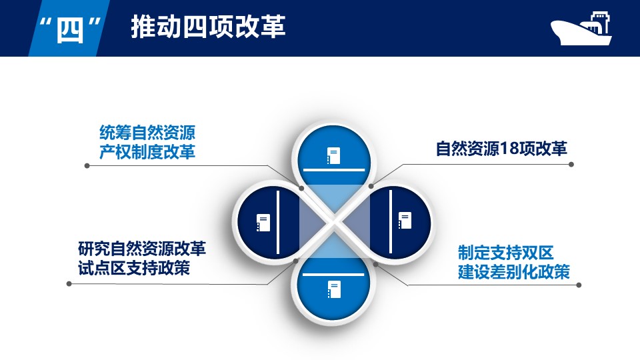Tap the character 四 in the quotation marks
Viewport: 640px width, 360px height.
(70, 31)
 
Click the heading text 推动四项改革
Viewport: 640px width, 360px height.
(208, 27)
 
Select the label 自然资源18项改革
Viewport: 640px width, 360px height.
(501, 149)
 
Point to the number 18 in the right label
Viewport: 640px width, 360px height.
(509, 149)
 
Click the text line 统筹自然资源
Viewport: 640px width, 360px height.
(147, 133)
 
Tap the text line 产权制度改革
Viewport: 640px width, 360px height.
(147, 152)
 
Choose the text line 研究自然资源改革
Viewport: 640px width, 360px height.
(142, 249)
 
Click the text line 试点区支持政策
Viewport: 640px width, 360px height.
(134, 268)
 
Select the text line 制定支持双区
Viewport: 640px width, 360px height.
(506, 253)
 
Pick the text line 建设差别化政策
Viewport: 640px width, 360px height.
(514, 272)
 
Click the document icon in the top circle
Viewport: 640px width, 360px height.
(333, 155)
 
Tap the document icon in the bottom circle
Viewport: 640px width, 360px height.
(334, 289)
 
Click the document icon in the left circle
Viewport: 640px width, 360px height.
(263, 223)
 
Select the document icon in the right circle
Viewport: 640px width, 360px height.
(405, 221)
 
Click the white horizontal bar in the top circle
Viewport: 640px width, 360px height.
(334, 169)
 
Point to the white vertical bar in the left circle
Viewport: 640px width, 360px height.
(278, 222)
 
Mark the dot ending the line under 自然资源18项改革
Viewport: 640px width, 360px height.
(571, 165)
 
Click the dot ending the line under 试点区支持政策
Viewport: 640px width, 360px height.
(69, 284)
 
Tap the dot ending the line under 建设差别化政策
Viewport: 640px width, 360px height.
(579, 285)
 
